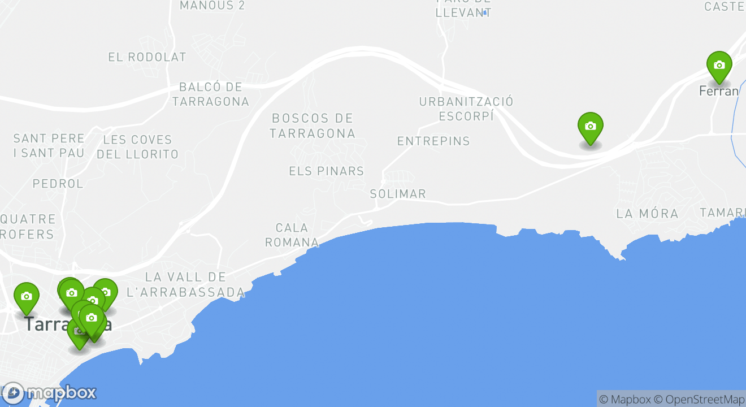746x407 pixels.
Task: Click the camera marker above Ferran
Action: coord(719,66)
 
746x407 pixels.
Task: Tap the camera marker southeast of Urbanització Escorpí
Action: coord(590,127)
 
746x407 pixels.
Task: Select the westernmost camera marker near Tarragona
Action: coord(26,297)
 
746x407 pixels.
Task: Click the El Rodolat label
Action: coord(147,57)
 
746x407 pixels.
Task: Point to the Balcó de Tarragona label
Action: coord(210,94)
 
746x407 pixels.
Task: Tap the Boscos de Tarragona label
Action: coord(313,126)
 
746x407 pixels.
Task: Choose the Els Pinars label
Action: coord(326,171)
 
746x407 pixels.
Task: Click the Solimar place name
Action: coord(398,194)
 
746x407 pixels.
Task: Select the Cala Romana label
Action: coord(292,235)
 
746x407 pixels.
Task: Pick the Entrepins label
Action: coord(433,141)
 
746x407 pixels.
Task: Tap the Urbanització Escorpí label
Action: coord(466,109)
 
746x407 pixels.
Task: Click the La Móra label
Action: coord(647,214)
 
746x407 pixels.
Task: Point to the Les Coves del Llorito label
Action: coord(137,147)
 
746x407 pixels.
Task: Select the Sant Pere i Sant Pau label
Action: coord(49,146)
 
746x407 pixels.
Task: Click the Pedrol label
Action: coord(58,184)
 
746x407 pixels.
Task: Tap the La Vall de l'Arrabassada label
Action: coord(186,284)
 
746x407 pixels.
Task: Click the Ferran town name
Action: coord(719,91)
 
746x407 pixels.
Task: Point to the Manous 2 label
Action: coord(212,6)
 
